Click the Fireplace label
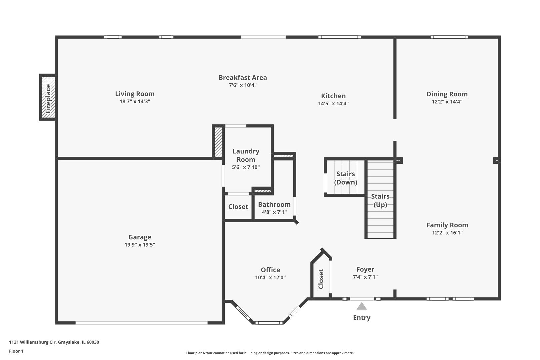48,99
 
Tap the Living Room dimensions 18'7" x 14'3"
135,101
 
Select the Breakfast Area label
243,78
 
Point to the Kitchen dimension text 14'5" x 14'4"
333,104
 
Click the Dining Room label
447,94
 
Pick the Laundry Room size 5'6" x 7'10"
246,167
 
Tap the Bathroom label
274,205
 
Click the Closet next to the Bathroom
238,207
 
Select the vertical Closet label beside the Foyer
321,279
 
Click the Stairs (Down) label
345,178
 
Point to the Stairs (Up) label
380,200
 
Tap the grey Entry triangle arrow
362,306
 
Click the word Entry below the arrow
362,318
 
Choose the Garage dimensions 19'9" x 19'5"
140,245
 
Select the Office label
270,270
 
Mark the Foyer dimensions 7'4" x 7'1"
365,277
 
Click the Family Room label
447,225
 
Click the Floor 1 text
16,351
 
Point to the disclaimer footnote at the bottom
270,353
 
